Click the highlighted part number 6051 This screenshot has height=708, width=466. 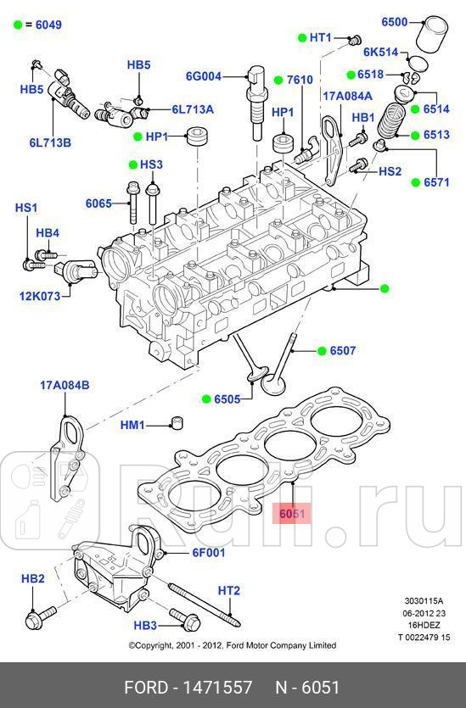291,514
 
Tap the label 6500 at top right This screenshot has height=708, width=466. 394,22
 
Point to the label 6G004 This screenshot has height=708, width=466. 203,76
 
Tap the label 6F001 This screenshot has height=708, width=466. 208,553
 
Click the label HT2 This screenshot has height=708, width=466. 229,590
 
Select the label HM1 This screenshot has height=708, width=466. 133,425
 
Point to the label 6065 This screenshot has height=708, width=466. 98,203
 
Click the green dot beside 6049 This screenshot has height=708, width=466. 17,25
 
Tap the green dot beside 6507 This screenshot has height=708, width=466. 323,349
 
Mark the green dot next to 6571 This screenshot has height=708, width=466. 417,181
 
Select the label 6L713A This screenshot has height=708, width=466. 193,109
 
